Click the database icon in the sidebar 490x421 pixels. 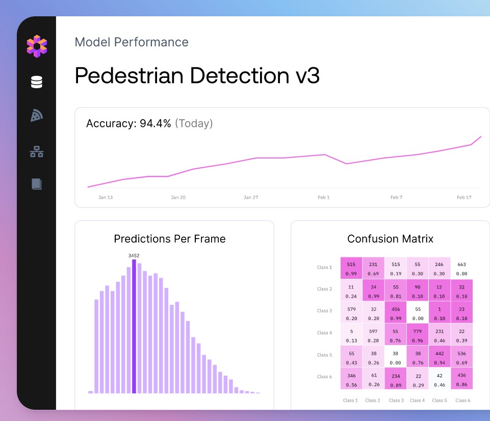37,82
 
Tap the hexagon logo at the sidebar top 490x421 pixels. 37,46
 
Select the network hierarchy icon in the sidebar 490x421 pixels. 37,151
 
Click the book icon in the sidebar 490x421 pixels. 37,184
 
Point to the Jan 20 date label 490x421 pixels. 178,197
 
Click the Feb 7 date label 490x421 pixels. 396,197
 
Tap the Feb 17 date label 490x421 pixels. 464,197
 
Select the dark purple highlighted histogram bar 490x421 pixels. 134,326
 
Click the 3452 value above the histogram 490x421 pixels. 134,256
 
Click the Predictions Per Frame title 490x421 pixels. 170,239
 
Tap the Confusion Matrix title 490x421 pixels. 391,239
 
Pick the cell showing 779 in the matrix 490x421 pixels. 418,335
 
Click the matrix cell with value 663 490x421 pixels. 461,269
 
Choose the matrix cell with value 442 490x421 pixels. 440,357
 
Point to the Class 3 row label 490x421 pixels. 324,311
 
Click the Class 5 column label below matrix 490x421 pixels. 440,401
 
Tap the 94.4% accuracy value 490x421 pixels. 156,123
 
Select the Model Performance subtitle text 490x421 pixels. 132,42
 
